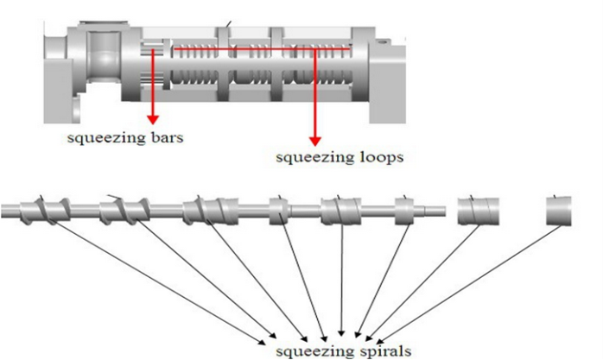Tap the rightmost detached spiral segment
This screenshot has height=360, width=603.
558,210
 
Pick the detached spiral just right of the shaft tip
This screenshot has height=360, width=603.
479,210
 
